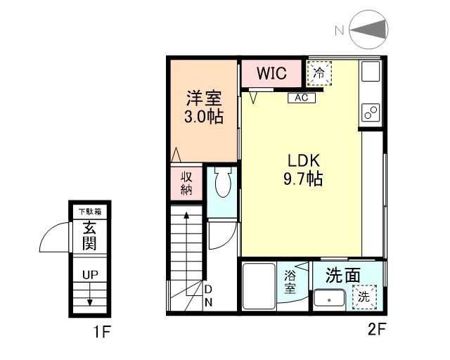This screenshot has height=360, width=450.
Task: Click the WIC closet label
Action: click(x=271, y=73)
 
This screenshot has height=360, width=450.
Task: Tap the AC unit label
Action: click(x=301, y=97)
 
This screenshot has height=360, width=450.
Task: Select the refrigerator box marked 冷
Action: click(x=319, y=72)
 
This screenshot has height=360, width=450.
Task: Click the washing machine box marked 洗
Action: click(x=364, y=296)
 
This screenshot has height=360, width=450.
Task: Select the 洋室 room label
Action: click(x=204, y=97)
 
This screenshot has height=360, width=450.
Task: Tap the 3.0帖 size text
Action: click(x=204, y=117)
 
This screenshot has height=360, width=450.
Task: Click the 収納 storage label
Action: click(x=186, y=182)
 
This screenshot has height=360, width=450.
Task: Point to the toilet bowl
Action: click(x=221, y=184)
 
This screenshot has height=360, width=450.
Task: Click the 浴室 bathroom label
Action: click(x=290, y=282)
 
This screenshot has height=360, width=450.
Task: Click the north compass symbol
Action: click(x=368, y=30)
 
